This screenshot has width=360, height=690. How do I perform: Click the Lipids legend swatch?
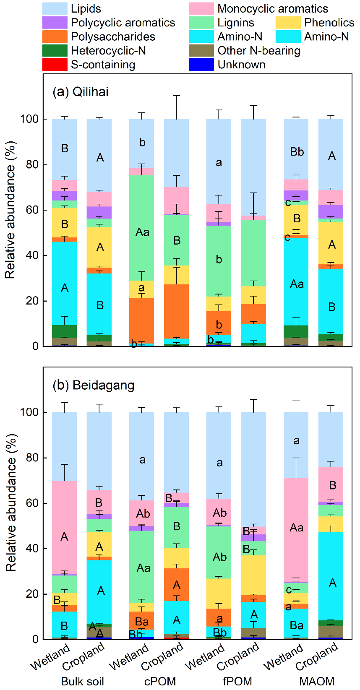[x=55, y=8]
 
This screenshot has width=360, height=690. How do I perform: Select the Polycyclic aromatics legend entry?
[x=123, y=23]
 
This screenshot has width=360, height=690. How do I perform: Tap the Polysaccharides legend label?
[x=113, y=37]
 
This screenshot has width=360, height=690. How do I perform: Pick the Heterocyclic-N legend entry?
[x=108, y=51]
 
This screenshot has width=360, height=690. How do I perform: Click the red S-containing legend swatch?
[x=55, y=65]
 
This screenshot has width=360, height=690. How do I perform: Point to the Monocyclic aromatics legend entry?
[x=272, y=8]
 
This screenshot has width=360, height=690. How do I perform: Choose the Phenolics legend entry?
[x=329, y=23]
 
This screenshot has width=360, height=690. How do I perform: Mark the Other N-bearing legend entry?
[x=258, y=51]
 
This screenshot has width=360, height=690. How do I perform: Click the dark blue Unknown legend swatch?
[x=201, y=65]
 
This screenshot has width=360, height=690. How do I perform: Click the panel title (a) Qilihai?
[x=81, y=91]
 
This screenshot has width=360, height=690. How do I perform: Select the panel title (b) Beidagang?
[x=93, y=385]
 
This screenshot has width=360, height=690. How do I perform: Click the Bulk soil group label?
[x=82, y=682]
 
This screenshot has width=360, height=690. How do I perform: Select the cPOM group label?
[x=160, y=682]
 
